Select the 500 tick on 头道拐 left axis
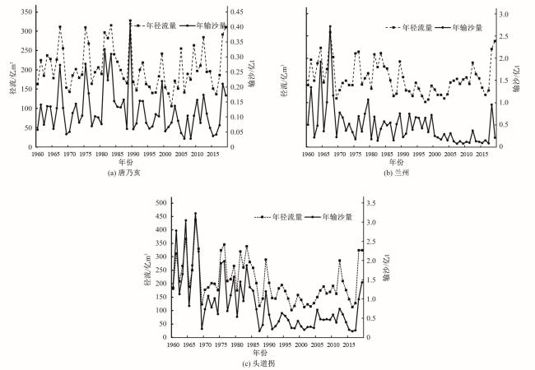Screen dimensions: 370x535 160,202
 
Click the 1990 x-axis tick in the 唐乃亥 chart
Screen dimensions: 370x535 133,154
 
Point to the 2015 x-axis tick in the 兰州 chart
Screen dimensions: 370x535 483,154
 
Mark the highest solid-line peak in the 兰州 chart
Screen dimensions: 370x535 330,26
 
